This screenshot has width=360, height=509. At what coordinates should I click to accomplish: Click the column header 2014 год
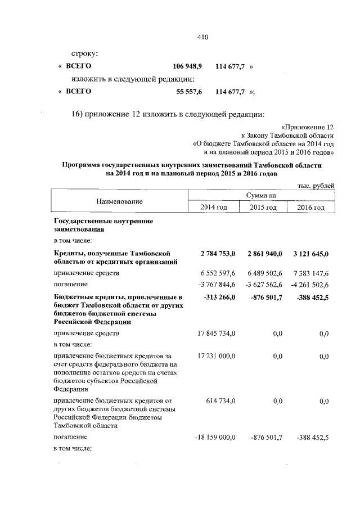point(214,208)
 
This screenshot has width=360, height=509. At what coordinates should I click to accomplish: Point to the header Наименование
point(119,201)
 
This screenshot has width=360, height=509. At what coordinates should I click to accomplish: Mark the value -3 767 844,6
point(215,284)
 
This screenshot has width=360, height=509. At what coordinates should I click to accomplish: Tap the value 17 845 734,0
point(215,334)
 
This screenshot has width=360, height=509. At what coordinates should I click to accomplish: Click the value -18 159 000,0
point(214,436)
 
